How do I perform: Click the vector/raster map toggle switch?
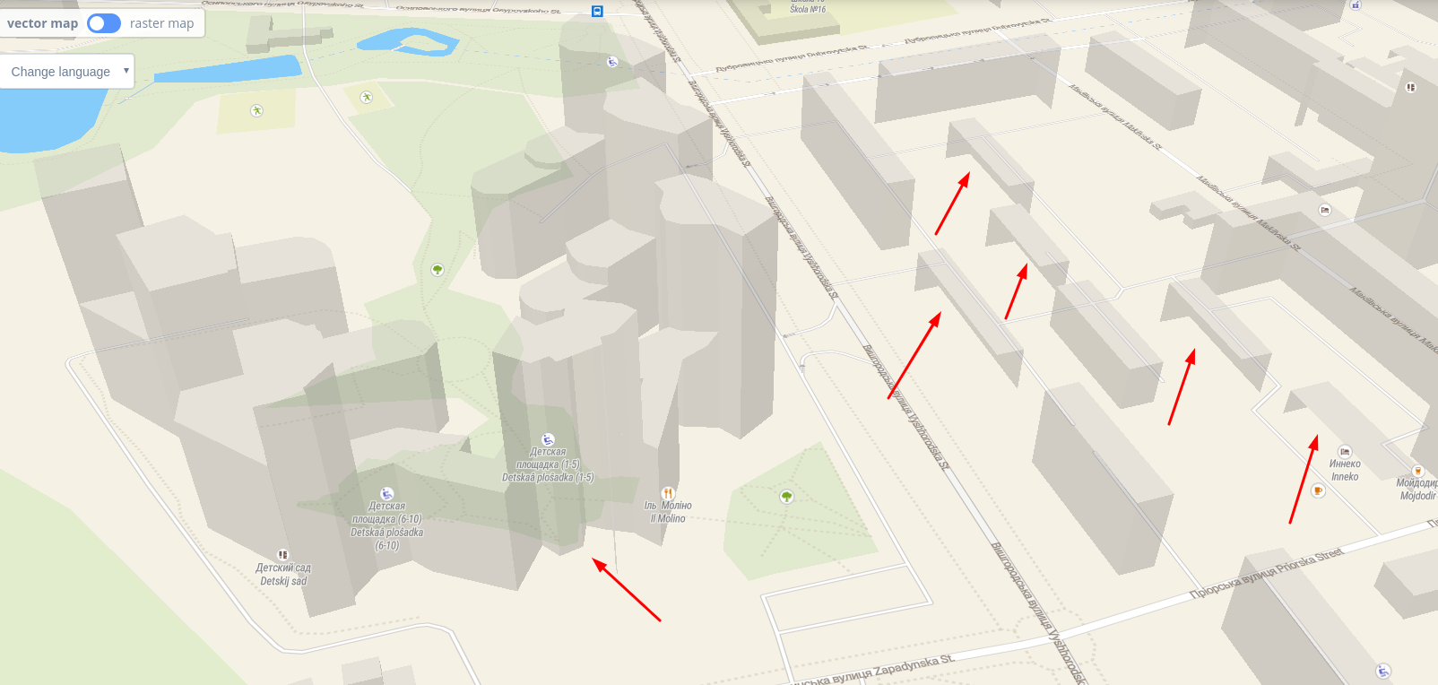(104, 23)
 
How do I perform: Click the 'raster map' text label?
(161, 23)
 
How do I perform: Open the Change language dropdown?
(67, 72)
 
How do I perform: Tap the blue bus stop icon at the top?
(597, 12)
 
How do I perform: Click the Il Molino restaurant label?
(668, 512)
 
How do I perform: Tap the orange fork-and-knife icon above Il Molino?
(668, 493)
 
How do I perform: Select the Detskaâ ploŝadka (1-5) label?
(548, 464)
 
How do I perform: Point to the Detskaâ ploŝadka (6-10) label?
(386, 525)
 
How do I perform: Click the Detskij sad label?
(283, 575)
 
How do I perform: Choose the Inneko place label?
(1345, 470)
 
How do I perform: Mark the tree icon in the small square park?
(786, 496)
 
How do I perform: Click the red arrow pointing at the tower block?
(627, 590)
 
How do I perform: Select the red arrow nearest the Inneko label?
(1304, 479)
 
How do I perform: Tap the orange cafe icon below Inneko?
(1318, 490)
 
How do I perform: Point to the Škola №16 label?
(808, 8)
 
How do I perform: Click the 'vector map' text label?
(42, 23)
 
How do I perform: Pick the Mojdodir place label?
(1417, 489)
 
